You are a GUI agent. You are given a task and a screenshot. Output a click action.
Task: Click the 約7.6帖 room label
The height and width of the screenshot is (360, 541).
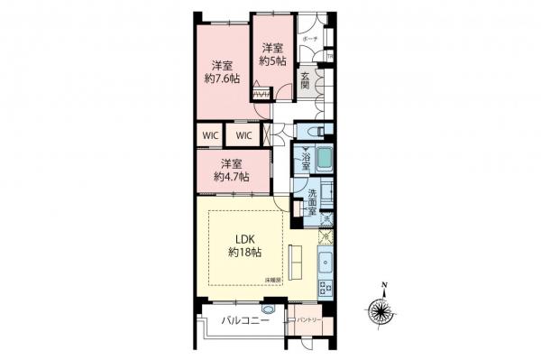click(222, 71)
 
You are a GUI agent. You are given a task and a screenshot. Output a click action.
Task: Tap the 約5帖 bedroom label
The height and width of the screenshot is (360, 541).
click(272, 54)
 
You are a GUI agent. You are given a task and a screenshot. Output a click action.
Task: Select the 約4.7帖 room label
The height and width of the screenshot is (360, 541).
click(232, 171)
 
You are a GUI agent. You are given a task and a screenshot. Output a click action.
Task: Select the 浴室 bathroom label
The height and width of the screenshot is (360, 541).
click(307, 162)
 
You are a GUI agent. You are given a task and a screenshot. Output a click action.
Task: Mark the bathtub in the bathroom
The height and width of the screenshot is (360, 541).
click(325, 162)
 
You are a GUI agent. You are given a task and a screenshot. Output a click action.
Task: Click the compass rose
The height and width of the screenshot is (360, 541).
click(383, 313)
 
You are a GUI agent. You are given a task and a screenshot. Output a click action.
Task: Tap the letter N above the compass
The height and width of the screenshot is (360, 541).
click(384, 288)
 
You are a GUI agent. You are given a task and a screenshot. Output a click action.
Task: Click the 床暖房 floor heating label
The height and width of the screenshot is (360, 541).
click(272, 281)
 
